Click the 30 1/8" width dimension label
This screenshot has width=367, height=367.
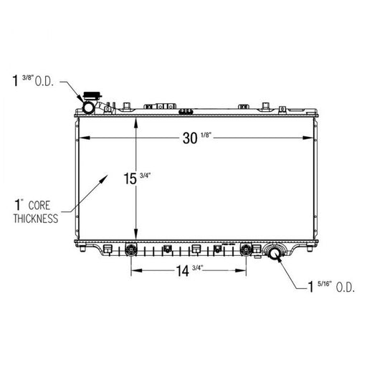(x=197, y=138)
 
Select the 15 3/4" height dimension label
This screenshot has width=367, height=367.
(x=137, y=178)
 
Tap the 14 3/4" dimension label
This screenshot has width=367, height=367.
(x=189, y=270)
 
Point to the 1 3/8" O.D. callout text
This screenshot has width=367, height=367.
(x=33, y=80)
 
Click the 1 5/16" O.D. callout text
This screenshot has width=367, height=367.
(x=331, y=287)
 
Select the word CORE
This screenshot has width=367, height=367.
(x=39, y=206)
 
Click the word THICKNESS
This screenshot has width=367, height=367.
(x=36, y=219)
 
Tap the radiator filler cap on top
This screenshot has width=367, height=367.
(x=92, y=96)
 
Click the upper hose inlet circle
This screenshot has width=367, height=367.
(x=88, y=108)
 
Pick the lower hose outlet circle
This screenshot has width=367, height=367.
(x=275, y=254)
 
